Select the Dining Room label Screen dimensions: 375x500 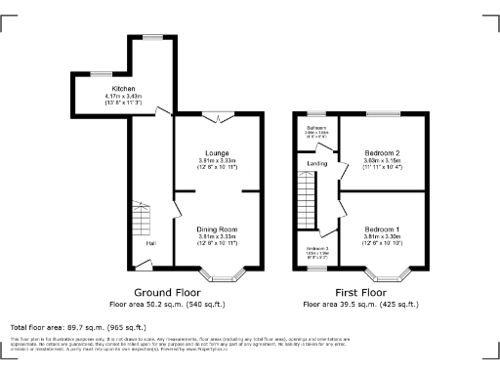(217, 229)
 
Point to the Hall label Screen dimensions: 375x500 (150, 243)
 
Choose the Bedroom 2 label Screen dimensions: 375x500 (381, 152)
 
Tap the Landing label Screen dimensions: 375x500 (316, 163)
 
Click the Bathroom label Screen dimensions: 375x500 (316, 128)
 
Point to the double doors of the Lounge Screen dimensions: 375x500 (219, 117)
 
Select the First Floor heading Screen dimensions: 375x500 (361, 291)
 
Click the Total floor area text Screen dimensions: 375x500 (78, 327)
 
